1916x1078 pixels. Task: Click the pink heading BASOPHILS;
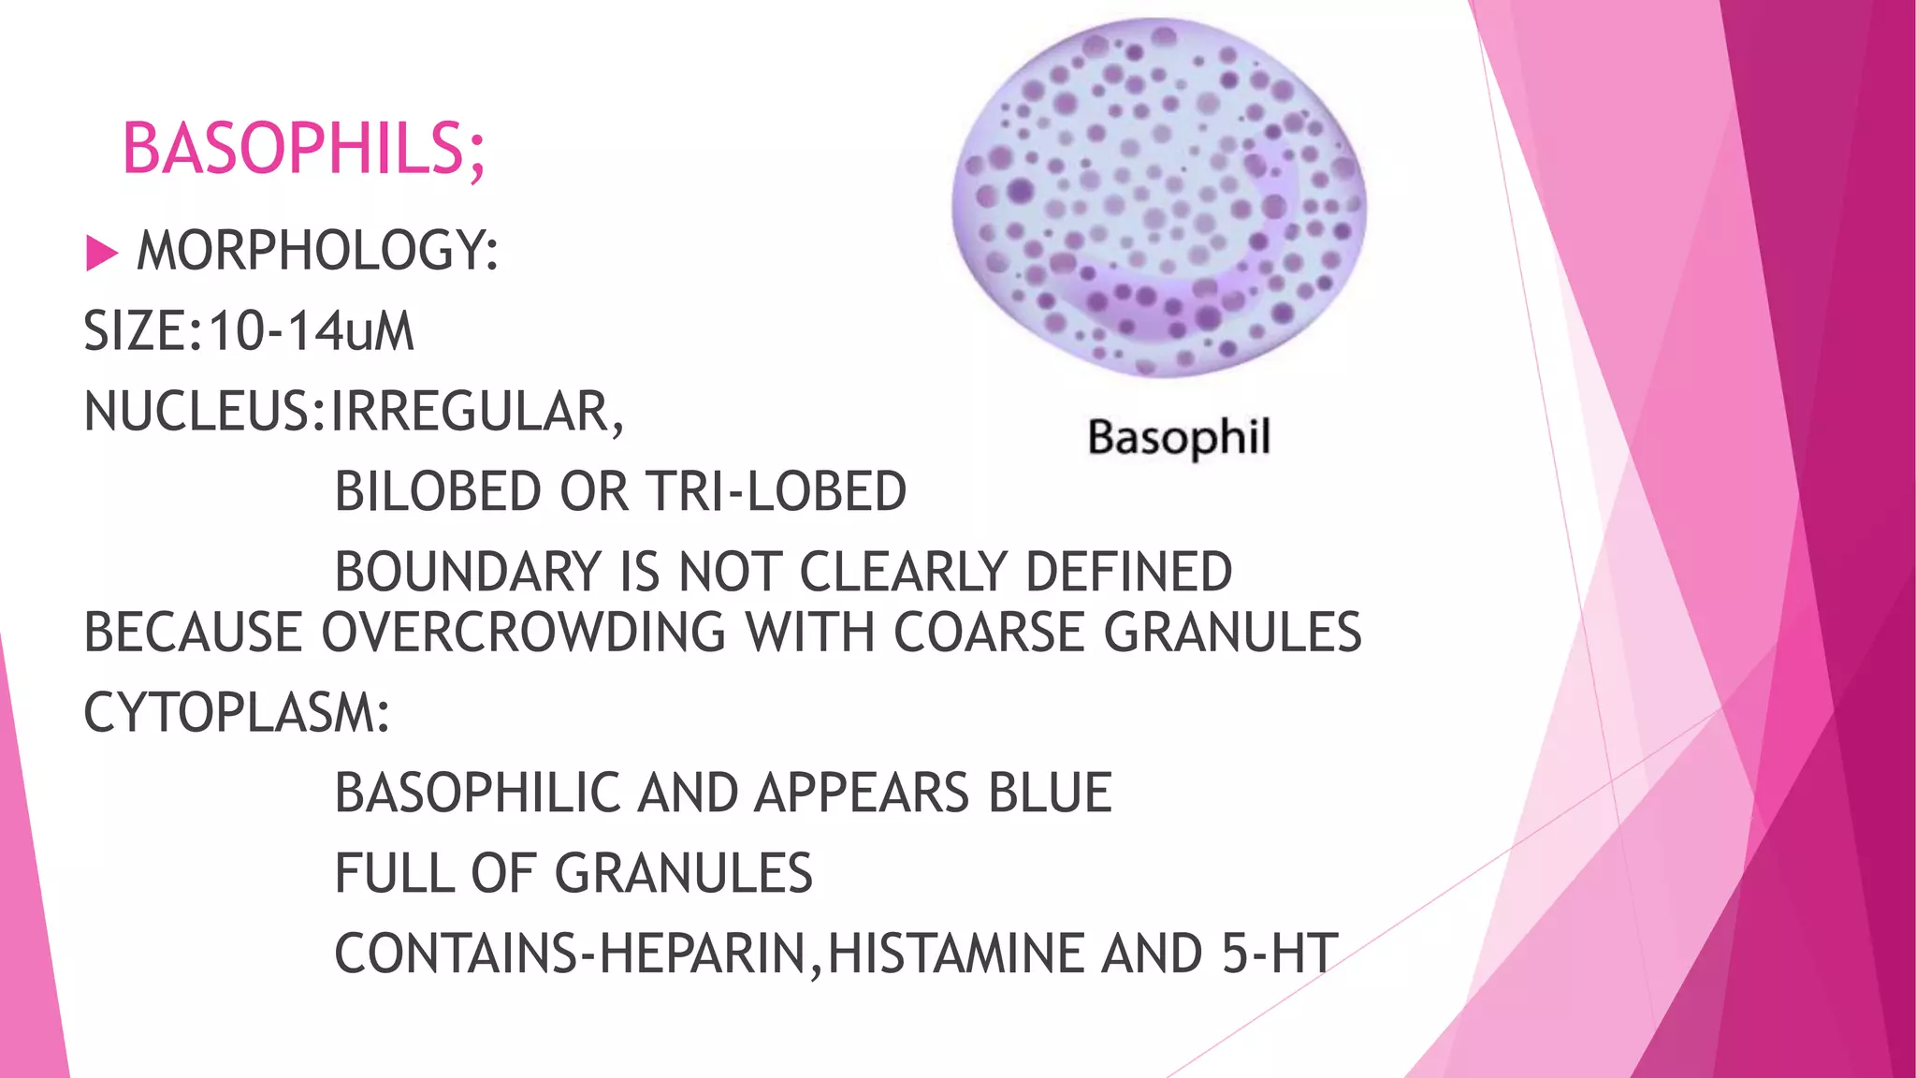pos(304,150)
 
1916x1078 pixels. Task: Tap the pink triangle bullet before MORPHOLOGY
pos(101,253)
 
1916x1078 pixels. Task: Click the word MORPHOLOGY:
pos(318,251)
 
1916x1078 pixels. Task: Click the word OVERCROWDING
pos(524,633)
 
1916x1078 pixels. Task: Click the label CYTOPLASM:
pos(237,713)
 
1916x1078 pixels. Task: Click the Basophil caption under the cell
pos(1179,438)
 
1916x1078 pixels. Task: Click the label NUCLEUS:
pos(206,412)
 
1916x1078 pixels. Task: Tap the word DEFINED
pos(1129,573)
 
